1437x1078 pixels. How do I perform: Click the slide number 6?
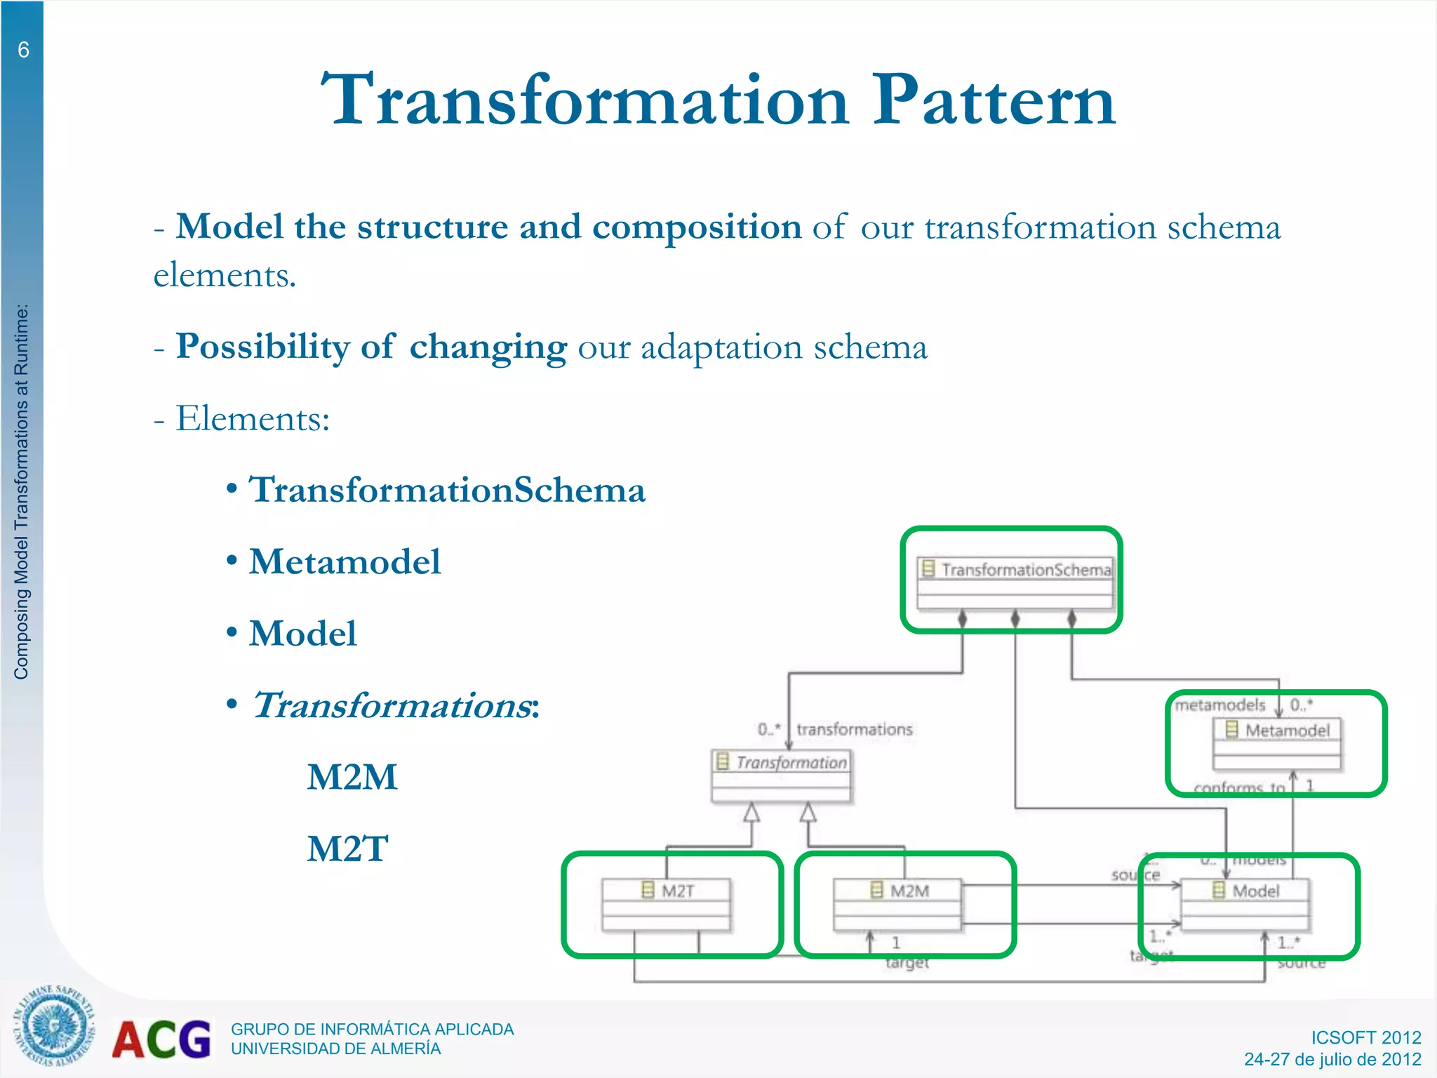[x=23, y=50]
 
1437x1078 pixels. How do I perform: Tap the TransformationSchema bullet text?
[x=447, y=490]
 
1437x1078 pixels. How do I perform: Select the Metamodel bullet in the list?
[x=345, y=562]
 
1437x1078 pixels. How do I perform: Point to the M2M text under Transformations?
[x=352, y=778]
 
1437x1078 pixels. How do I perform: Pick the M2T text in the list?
[x=347, y=849]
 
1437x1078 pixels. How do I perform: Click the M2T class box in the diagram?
[x=666, y=904]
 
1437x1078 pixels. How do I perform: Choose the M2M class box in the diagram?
[x=897, y=904]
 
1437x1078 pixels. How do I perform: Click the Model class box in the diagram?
[x=1245, y=904]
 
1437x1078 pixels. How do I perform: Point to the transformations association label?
[x=854, y=730]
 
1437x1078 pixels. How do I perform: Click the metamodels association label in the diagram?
[x=1220, y=705]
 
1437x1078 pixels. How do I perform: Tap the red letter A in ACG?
[x=129, y=1040]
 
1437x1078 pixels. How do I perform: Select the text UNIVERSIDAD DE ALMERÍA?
[x=335, y=1049]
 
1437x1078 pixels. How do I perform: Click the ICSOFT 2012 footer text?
[x=1365, y=1037]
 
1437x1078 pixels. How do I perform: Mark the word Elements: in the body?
[x=253, y=419]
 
